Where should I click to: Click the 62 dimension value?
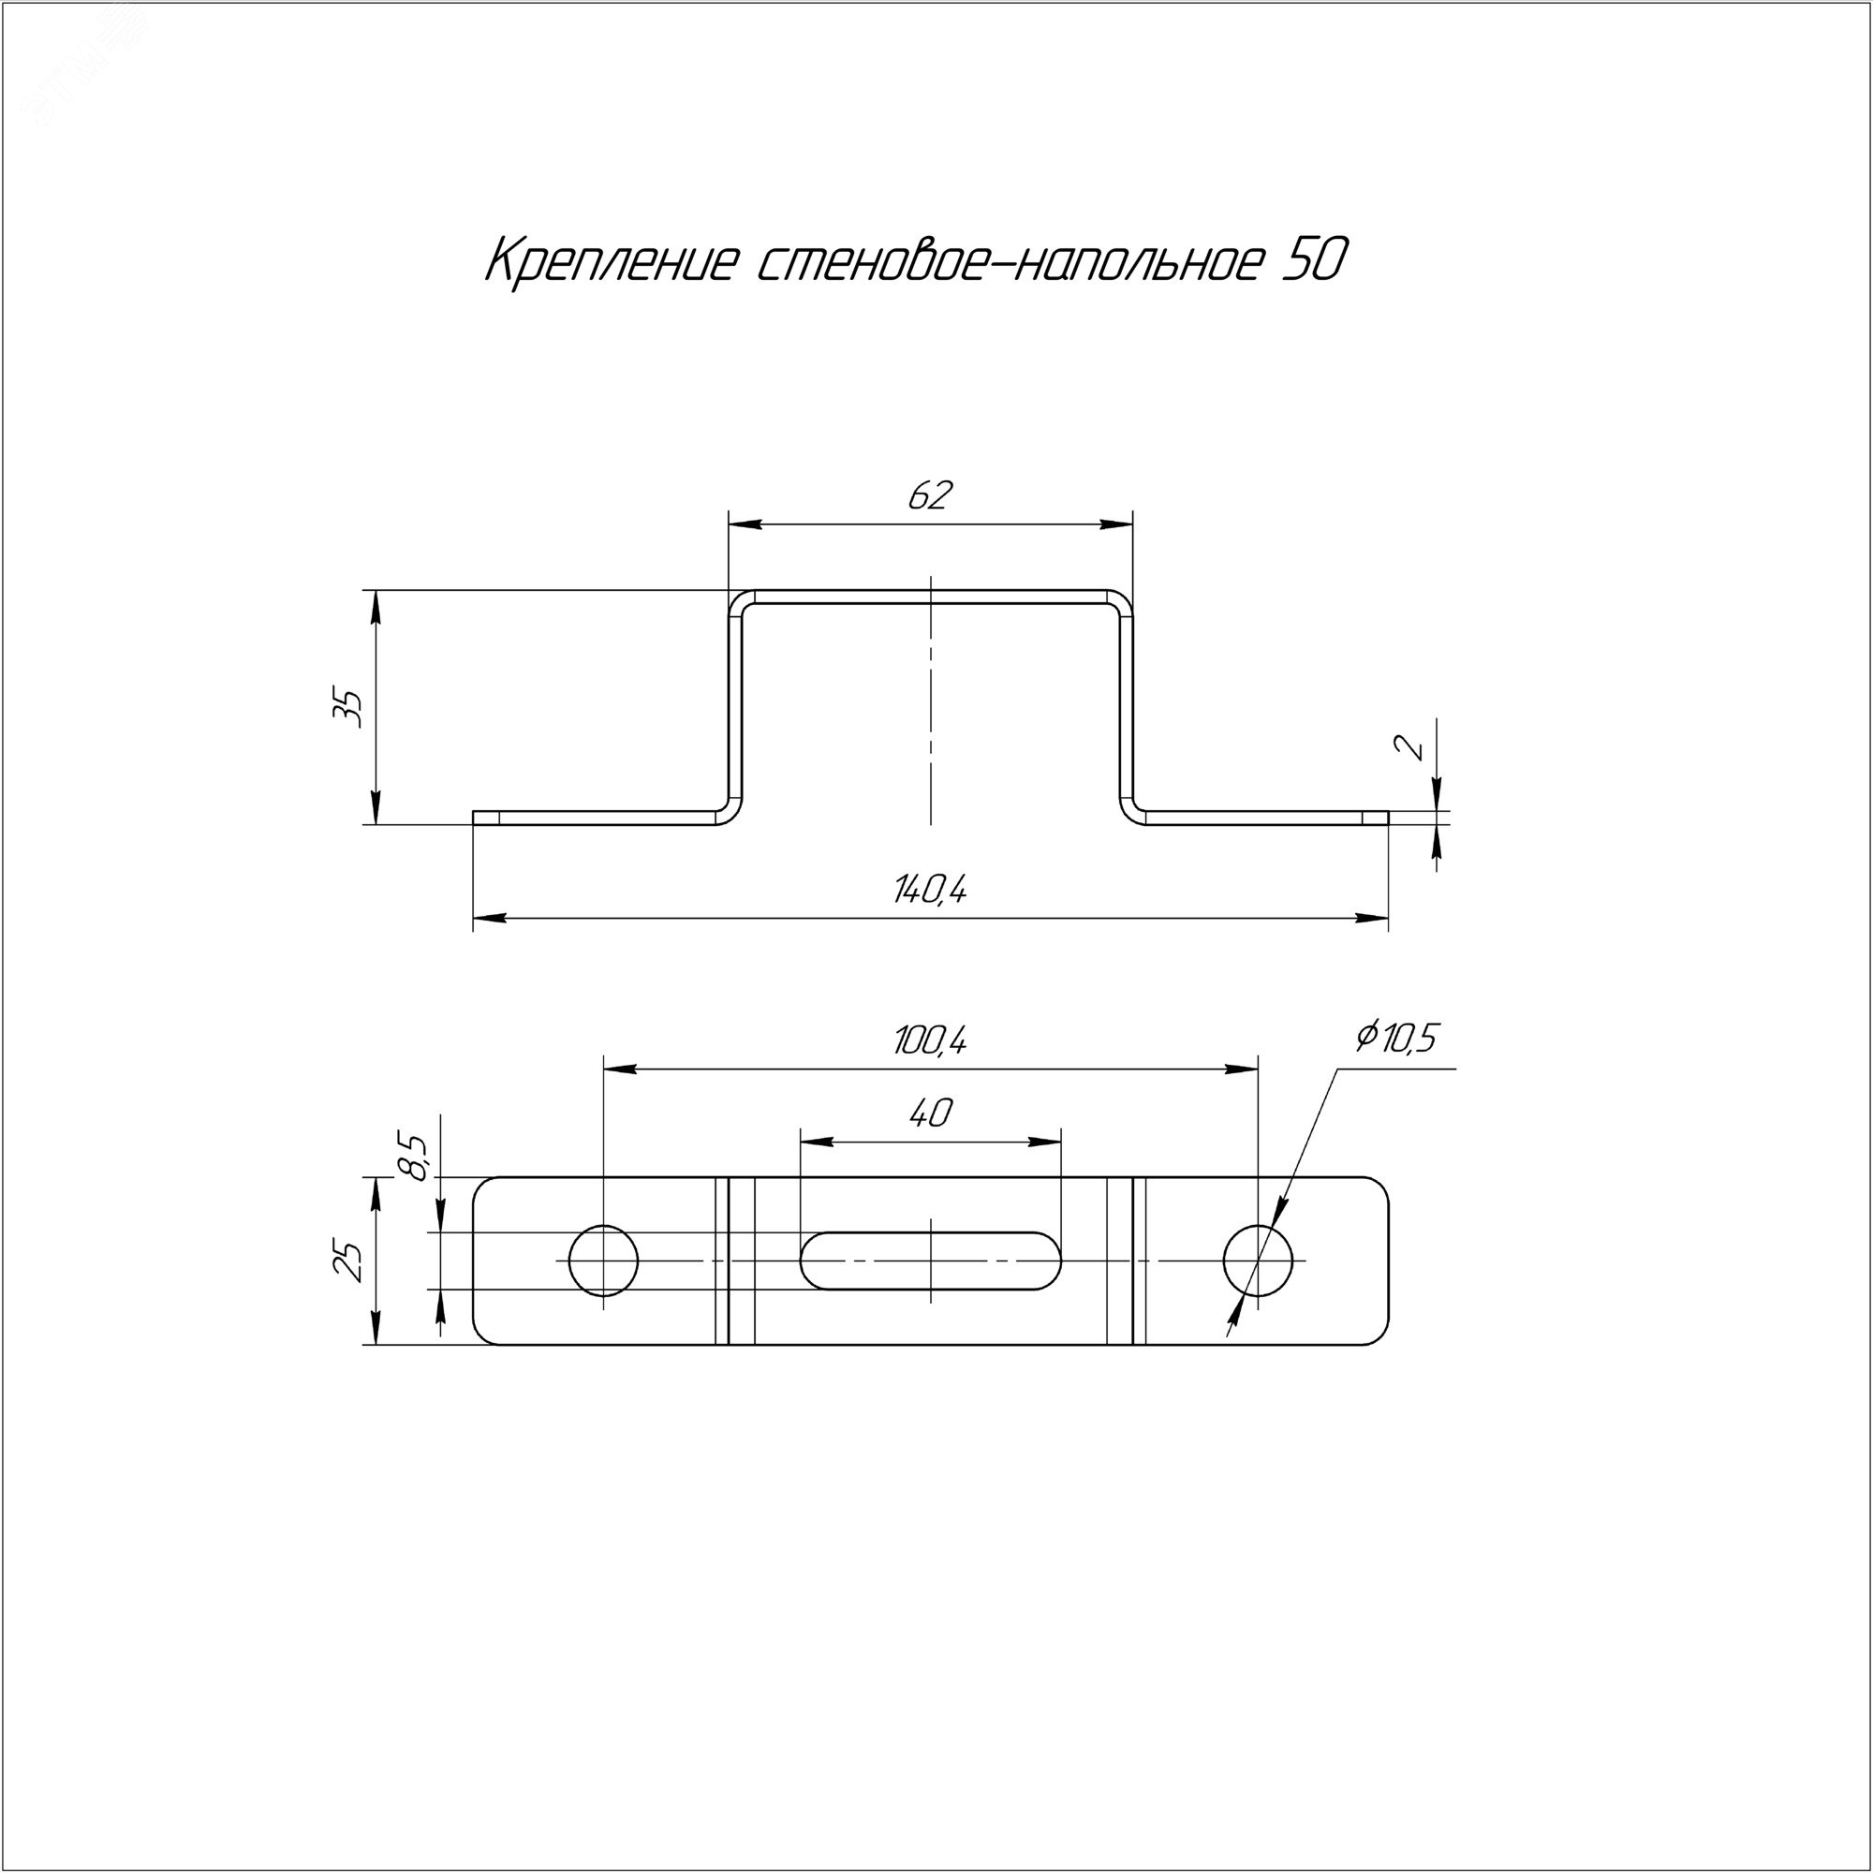tap(931, 495)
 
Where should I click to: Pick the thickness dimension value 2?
tap(1414, 746)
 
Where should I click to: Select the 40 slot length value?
tap(931, 1114)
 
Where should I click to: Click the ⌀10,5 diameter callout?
tap(1396, 1038)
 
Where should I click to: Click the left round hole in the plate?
tap(603, 1261)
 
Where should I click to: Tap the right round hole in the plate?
tap(1259, 1261)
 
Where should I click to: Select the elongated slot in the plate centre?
tap(931, 1261)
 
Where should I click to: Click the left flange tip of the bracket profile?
tap(475, 818)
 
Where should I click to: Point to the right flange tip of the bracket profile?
tap(1386, 818)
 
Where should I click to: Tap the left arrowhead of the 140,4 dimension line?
tap(490, 917)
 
